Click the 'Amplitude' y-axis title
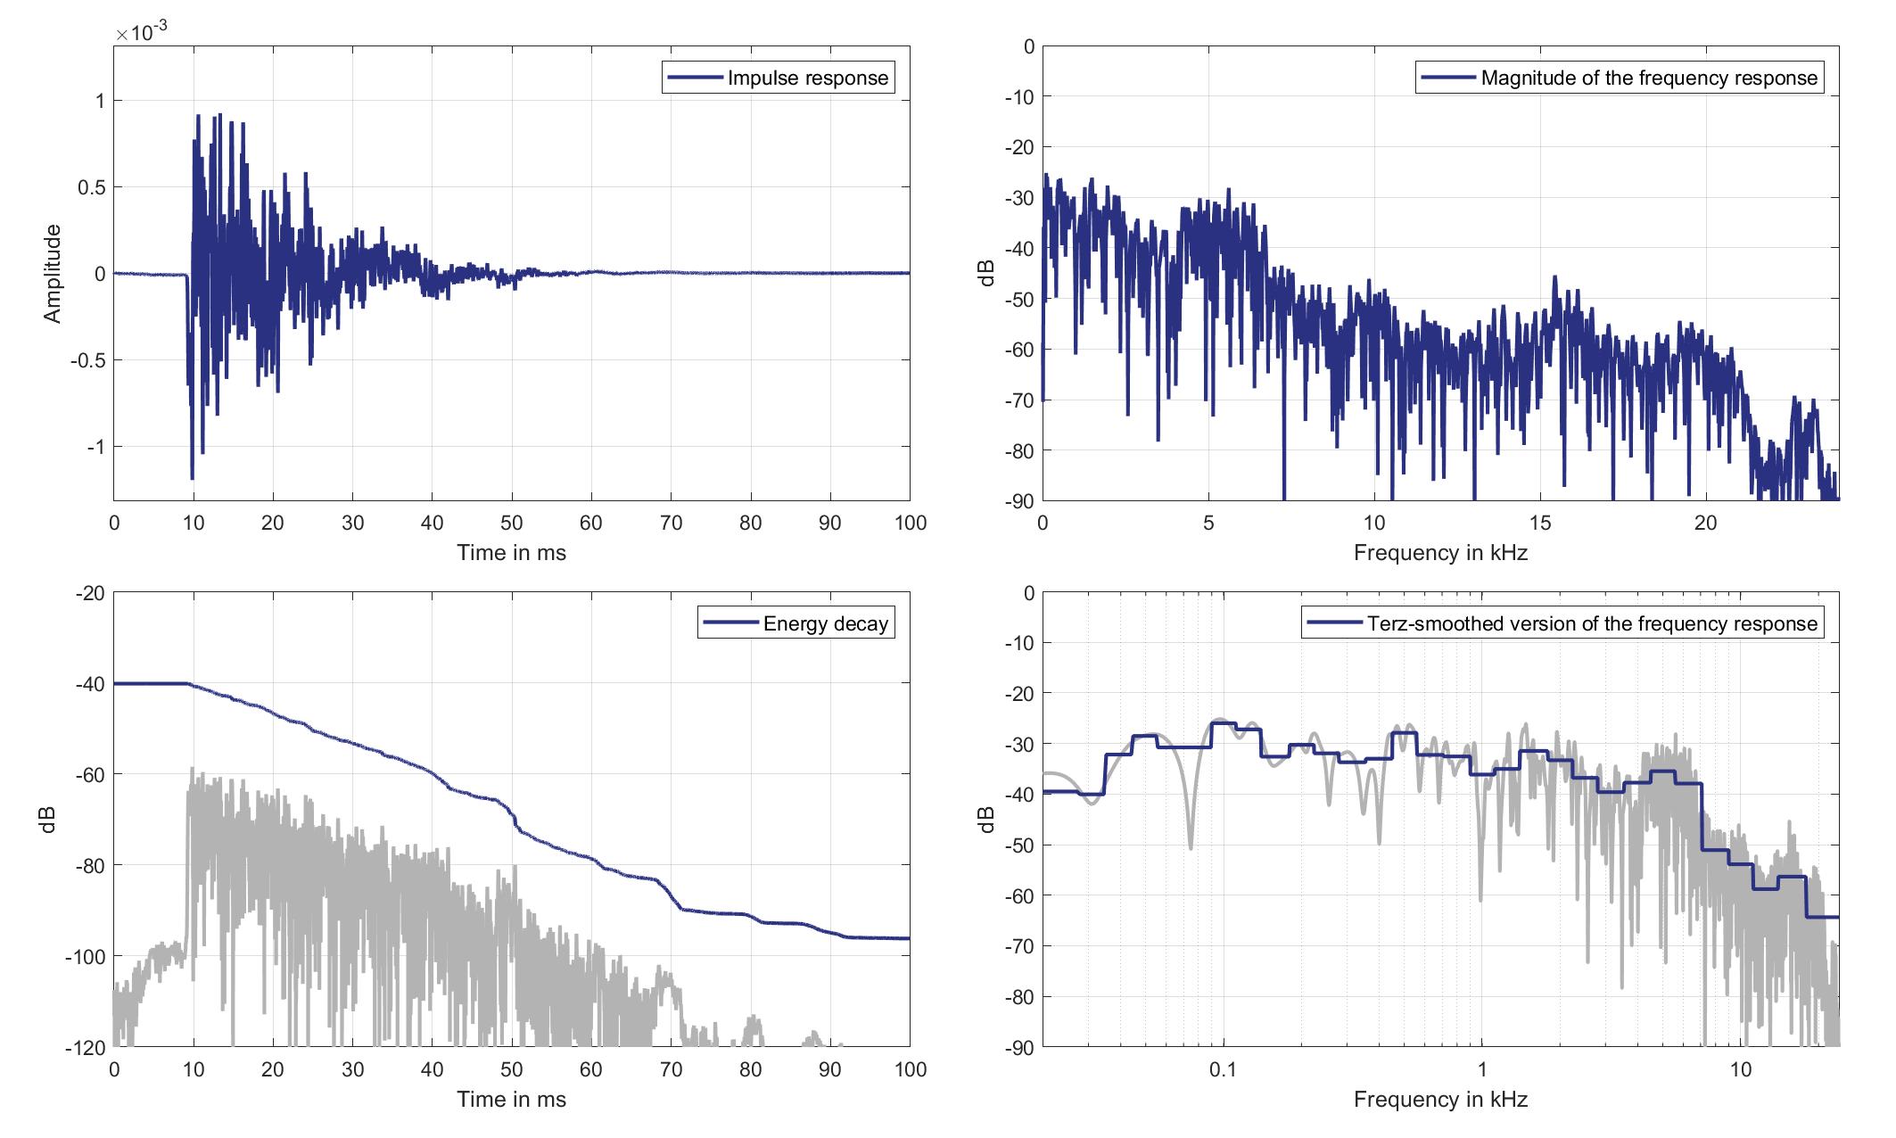point(53,273)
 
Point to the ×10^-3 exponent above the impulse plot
point(142,33)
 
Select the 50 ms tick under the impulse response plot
point(512,523)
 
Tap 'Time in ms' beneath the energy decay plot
point(511,1099)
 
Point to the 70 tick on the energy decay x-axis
point(671,1069)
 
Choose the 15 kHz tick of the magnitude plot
point(1540,523)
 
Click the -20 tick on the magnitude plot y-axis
point(1018,146)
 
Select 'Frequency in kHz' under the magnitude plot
point(1440,553)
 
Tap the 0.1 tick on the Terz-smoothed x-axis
point(1223,1069)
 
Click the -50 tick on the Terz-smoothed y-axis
point(1018,845)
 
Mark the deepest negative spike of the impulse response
point(192,479)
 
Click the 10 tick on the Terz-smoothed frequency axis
point(1741,1069)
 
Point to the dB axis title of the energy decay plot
point(49,820)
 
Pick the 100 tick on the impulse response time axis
point(910,523)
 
